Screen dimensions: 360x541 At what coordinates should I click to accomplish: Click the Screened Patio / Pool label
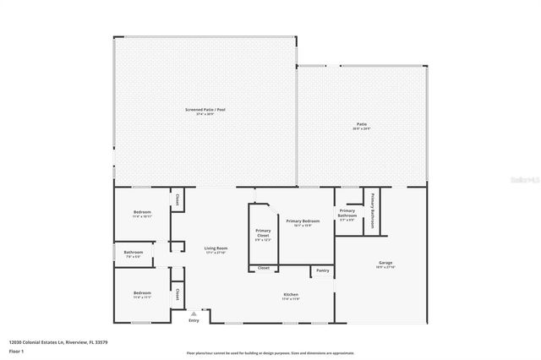(206, 110)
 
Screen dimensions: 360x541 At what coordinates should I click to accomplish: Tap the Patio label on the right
(362, 124)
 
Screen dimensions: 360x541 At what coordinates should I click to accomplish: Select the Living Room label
(216, 248)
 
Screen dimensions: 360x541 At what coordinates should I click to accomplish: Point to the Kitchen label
(291, 295)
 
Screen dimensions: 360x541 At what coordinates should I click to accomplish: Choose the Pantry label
(322, 270)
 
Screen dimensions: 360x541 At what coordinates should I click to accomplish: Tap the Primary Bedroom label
(298, 220)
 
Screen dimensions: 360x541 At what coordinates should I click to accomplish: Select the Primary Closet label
(264, 235)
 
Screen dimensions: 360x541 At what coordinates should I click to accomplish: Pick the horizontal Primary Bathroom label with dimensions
(347, 215)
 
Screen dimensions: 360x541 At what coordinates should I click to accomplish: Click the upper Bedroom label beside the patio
(142, 211)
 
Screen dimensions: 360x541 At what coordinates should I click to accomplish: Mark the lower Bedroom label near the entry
(142, 293)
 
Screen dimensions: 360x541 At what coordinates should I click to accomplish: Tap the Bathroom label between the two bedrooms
(134, 253)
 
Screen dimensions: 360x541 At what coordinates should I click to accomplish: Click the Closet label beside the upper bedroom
(178, 200)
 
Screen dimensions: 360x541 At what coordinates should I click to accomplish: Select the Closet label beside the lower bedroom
(178, 293)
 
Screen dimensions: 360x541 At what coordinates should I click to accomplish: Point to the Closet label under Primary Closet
(264, 268)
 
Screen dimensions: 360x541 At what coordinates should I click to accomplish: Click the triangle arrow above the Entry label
(193, 314)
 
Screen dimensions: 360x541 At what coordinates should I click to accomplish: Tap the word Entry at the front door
(194, 319)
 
